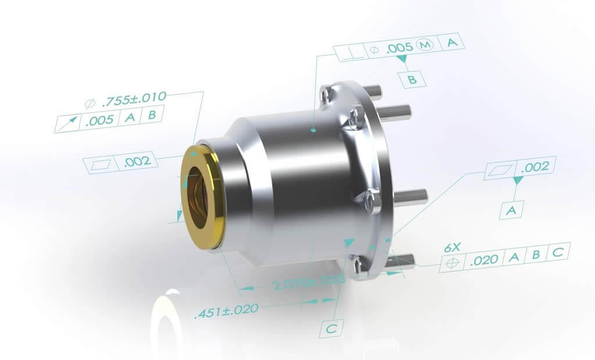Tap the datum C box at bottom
pos(331,329)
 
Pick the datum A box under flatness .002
pos(511,210)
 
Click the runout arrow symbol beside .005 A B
pos(68,123)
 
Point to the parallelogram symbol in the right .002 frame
pos(501,170)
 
